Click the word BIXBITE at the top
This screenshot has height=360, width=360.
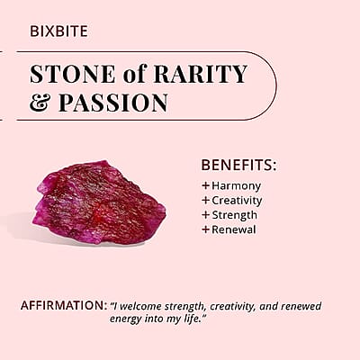(x=58, y=31)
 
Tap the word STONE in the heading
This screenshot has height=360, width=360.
(x=73, y=74)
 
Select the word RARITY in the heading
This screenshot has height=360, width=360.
(x=200, y=74)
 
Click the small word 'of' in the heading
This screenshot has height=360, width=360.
(x=134, y=74)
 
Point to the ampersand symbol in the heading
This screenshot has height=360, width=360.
(x=40, y=103)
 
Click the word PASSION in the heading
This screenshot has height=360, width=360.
(x=113, y=103)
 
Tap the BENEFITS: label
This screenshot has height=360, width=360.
(x=238, y=165)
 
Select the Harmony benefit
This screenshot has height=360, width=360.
(x=237, y=186)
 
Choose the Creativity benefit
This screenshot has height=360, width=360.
(x=237, y=201)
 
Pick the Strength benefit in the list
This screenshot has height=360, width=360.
(x=235, y=215)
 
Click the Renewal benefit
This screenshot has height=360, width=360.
(x=234, y=229)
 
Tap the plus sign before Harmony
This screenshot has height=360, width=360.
(x=205, y=185)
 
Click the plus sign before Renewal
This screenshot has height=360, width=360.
(x=205, y=229)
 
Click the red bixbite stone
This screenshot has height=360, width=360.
(x=99, y=202)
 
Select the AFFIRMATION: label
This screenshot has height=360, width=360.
(x=64, y=305)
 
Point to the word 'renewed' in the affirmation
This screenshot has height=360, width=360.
(x=301, y=307)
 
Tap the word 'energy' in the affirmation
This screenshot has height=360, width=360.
(x=126, y=319)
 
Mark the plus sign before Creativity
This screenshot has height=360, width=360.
(x=205, y=200)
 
